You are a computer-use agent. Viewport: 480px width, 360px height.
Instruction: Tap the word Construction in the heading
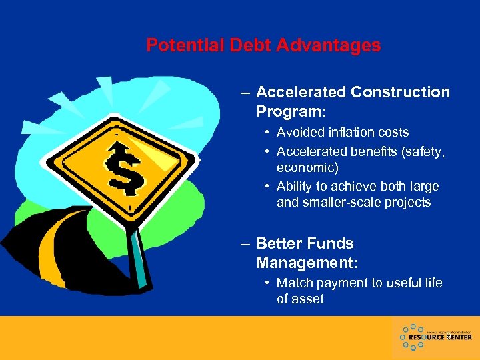(x=399, y=92)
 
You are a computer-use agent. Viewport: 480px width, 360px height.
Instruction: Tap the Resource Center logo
(x=435, y=337)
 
